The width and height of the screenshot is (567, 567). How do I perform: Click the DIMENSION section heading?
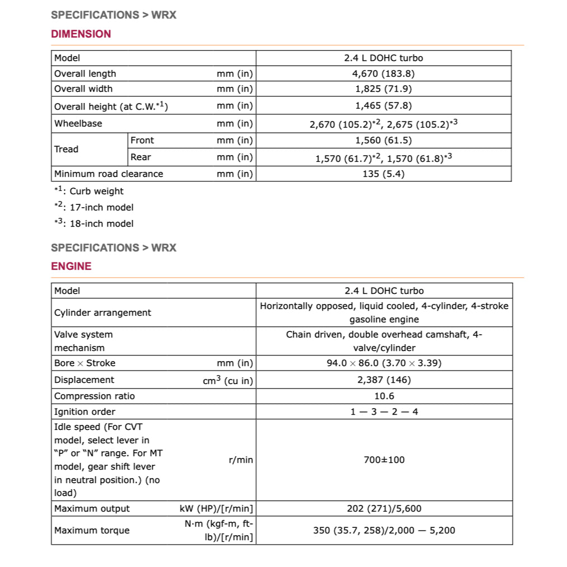point(81,34)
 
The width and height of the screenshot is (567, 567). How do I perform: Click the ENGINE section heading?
point(71,266)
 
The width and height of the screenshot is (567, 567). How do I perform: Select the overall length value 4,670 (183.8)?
point(383,73)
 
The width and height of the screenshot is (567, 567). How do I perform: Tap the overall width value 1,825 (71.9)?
point(383,88)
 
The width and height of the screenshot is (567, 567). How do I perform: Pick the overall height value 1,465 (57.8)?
point(383,105)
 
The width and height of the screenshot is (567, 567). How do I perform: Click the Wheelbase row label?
point(78,123)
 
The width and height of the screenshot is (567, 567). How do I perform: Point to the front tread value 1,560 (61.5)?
point(383,140)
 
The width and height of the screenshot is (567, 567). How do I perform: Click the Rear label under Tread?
point(140,157)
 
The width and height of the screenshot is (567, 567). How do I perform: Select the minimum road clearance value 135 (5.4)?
point(383,174)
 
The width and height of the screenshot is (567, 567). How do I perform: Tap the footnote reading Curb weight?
point(96,191)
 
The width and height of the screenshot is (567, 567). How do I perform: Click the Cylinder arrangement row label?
point(102,312)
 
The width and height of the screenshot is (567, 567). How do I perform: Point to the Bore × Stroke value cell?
point(383,363)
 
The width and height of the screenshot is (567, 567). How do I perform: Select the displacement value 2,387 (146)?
point(383,379)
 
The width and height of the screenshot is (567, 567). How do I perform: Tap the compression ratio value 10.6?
point(383,396)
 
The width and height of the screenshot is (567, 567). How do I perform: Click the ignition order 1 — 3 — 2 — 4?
point(383,411)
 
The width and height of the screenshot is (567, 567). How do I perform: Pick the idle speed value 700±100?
point(383,460)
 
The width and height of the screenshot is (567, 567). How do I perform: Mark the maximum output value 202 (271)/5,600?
point(383,508)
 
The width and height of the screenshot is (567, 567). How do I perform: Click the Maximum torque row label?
point(92,530)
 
